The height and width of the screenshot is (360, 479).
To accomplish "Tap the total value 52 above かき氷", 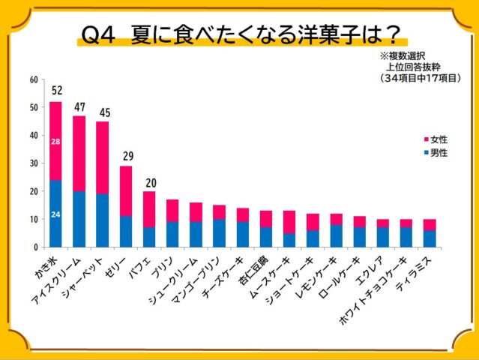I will pyautogui.click(x=56, y=91).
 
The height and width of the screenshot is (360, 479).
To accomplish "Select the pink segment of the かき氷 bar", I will pyautogui.click(x=56, y=140).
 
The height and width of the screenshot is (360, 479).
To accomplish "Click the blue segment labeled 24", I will pyautogui.click(x=56, y=214).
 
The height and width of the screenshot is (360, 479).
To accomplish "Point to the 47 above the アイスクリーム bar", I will pyautogui.click(x=79, y=106).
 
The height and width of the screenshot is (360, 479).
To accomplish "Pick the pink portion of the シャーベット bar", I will pyautogui.click(x=103, y=157).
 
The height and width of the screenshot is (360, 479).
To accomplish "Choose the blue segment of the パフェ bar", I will pyautogui.click(x=149, y=237).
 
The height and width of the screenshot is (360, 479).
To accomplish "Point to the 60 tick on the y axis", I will pyautogui.click(x=33, y=79).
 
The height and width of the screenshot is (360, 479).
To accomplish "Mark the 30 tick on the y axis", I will pyautogui.click(x=33, y=163).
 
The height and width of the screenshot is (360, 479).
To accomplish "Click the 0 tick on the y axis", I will pyautogui.click(x=35, y=247).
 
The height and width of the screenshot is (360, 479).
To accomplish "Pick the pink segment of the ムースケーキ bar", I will pyautogui.click(x=289, y=222).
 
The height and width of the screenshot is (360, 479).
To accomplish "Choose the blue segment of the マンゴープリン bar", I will pyautogui.click(x=219, y=232).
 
